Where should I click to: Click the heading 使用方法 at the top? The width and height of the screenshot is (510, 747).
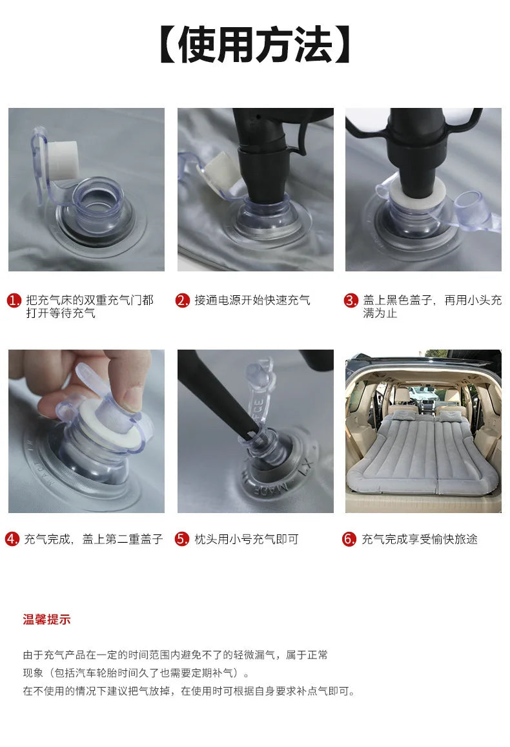click(255, 45)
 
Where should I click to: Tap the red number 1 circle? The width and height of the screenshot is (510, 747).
click(14, 300)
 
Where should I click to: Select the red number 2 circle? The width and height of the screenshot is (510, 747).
click(183, 300)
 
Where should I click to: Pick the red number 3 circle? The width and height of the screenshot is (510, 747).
click(351, 300)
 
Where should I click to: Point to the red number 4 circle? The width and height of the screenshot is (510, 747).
click(12, 539)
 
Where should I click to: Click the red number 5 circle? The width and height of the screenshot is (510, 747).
click(182, 539)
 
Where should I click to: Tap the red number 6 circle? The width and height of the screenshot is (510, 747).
click(349, 539)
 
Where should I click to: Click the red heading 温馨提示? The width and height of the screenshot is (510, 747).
click(47, 620)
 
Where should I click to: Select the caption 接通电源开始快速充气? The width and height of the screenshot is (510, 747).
click(252, 300)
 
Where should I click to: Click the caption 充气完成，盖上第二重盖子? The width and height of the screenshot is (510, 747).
click(94, 539)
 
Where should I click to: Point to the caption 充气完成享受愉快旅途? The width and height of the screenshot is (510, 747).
click(420, 539)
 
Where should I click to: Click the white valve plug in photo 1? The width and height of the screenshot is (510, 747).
click(64, 160)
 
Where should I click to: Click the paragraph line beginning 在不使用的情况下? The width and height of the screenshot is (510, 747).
click(189, 691)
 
